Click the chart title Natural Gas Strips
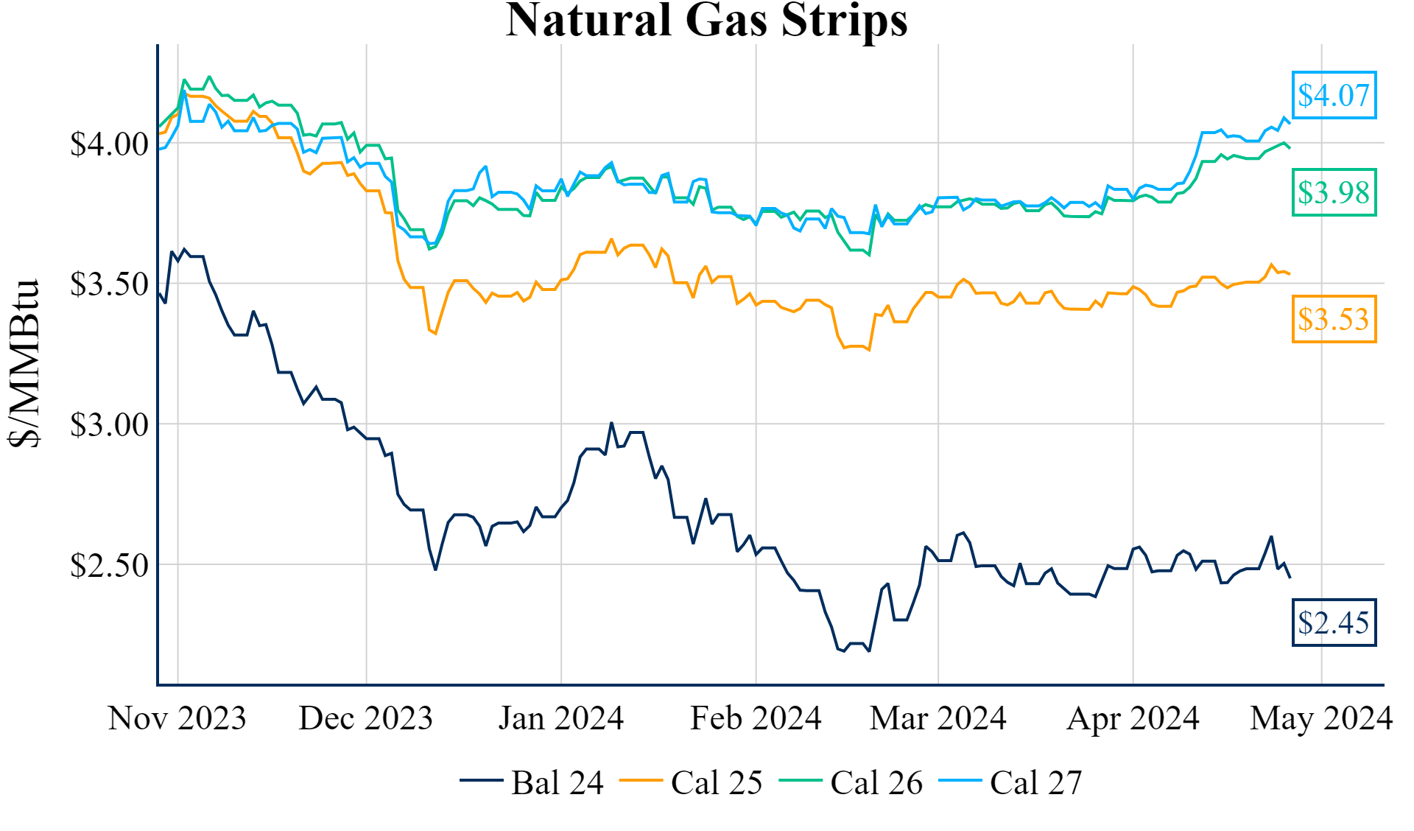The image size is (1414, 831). (706, 21)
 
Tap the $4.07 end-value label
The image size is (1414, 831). (1334, 95)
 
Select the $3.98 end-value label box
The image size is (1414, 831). (1334, 193)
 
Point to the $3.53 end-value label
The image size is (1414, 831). (1334, 319)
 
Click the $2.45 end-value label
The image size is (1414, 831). (1334, 623)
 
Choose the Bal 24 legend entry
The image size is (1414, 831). (532, 782)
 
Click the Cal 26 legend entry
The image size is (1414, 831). (851, 782)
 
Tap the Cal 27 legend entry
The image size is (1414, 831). (1010, 782)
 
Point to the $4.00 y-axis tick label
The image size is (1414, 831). (110, 144)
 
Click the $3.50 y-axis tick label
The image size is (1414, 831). (110, 284)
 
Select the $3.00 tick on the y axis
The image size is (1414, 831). (110, 425)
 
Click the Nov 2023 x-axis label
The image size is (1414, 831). (177, 718)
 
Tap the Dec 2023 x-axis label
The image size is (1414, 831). (366, 718)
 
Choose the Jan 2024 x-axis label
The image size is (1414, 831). (561, 718)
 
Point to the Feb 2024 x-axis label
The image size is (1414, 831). (756, 718)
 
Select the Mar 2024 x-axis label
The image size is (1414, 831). (938, 718)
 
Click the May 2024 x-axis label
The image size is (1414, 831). (1321, 718)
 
